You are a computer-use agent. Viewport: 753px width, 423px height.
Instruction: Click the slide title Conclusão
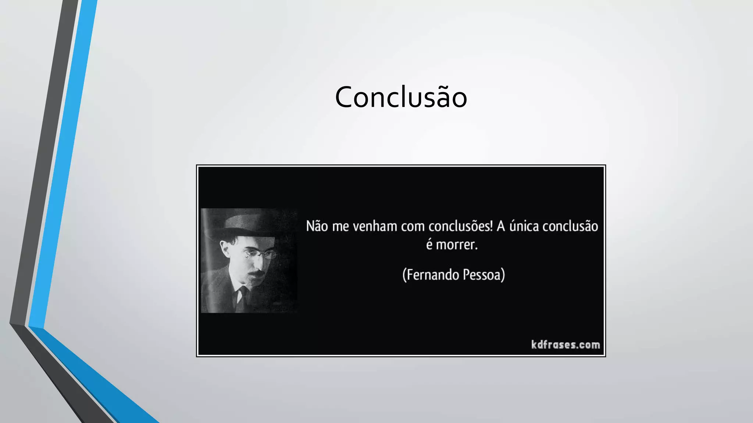click(401, 97)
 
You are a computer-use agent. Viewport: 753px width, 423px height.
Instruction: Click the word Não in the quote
click(317, 226)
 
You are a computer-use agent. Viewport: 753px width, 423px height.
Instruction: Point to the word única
click(524, 226)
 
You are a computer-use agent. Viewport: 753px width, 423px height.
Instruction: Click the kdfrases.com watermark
click(565, 344)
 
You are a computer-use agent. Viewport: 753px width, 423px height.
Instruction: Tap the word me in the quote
click(340, 226)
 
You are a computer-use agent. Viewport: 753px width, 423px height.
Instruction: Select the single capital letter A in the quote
click(501, 226)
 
